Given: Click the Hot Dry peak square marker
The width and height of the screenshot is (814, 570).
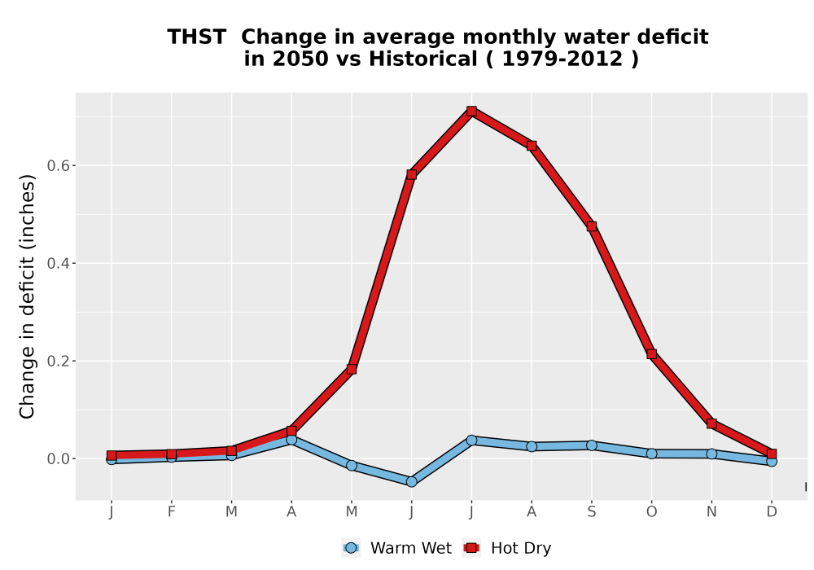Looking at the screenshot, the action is coord(471,111).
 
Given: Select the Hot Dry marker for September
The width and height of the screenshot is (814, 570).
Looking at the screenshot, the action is coord(591,226).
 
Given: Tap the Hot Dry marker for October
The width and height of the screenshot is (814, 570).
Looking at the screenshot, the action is coord(651,354).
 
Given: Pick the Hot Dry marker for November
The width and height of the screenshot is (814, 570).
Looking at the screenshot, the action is coord(711,423).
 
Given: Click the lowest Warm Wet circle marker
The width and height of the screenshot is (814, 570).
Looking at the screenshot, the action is coord(412,482).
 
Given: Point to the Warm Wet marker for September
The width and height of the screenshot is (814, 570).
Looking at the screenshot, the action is coord(591,445).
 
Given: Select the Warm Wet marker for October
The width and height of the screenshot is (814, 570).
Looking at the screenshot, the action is coord(651,454).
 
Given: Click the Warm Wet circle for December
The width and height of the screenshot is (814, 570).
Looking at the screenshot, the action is coord(772,461).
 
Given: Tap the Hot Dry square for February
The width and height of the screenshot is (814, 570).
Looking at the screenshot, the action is coord(171,454).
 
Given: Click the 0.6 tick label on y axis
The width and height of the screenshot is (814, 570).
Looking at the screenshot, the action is coord(58,165).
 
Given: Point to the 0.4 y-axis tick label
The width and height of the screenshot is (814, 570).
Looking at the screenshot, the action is coord(58,263).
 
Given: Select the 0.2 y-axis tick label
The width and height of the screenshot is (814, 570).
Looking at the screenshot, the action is coord(58,361).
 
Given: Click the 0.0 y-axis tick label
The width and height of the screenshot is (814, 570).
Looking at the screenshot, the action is coord(58,459).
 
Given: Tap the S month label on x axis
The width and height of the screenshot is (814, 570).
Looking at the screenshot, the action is coord(591,512).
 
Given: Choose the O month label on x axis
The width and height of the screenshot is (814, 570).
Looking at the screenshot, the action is coord(651,512).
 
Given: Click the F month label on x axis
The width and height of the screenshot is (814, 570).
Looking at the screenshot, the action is coord(171,512).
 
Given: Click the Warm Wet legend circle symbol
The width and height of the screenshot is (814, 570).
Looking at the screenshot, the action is coord(351,548).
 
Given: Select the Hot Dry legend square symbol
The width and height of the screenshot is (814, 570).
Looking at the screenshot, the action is coord(471,548).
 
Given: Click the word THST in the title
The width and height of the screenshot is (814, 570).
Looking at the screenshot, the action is coord(197,37).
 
